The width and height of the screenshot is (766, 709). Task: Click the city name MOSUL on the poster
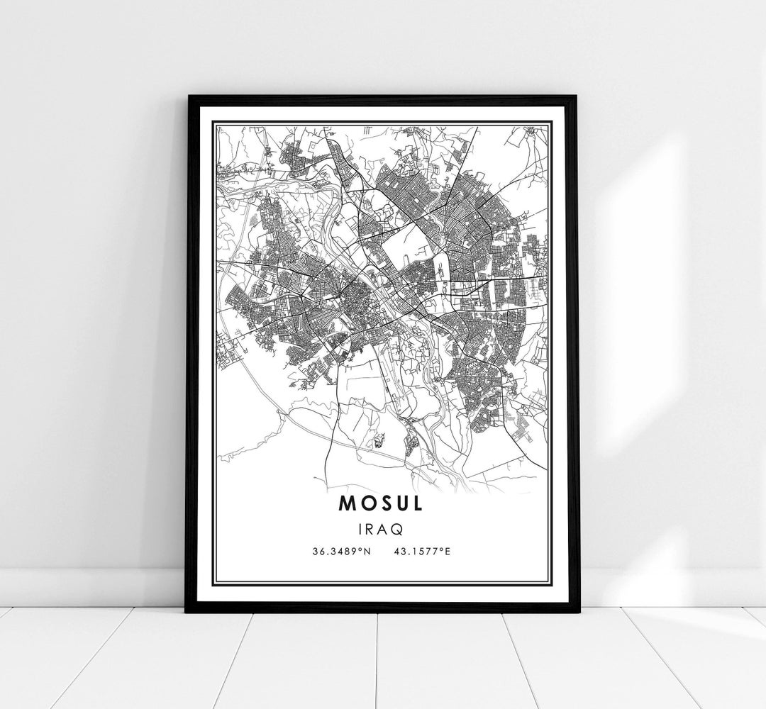tap(382, 503)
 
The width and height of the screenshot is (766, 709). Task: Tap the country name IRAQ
tap(382, 528)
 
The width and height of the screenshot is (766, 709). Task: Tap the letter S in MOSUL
tap(382, 503)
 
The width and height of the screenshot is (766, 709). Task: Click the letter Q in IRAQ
tap(401, 529)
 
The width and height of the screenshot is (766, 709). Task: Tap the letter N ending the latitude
tap(367, 550)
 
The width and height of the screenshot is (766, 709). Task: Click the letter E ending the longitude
tap(448, 550)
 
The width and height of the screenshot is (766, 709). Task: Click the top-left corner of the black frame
tap(188, 96)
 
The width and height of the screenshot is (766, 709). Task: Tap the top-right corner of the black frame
tap(577, 96)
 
